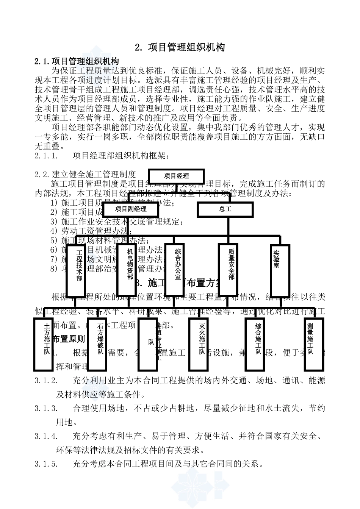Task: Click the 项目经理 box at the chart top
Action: [x=176, y=176]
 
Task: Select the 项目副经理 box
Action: [x=130, y=209]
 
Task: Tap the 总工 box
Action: [x=225, y=209]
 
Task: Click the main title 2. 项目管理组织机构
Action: [x=180, y=47]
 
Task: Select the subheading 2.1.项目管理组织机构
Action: [x=77, y=61]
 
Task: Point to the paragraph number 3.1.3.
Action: [x=46, y=408]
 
